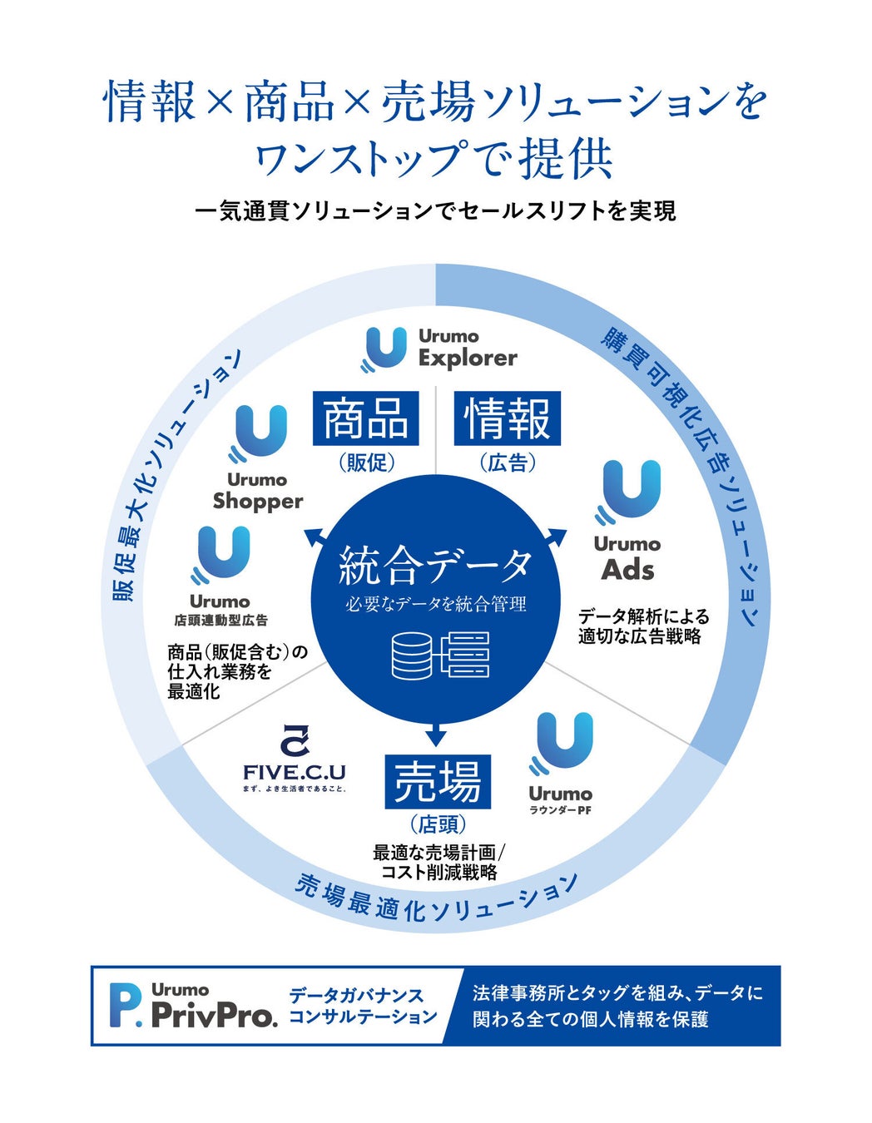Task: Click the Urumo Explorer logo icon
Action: [384, 349]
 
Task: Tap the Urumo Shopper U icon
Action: [258, 433]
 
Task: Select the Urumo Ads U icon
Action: [630, 491]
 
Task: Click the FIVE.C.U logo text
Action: [295, 771]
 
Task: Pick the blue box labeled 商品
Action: [365, 418]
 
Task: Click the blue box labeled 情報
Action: [508, 418]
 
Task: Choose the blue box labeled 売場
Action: [438, 781]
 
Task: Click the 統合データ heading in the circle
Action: [435, 566]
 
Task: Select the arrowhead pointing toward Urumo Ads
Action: [556, 537]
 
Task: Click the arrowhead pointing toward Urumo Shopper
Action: [315, 537]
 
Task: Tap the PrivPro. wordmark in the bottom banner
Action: [214, 1016]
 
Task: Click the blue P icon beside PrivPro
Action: [126, 1005]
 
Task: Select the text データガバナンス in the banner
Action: [356, 995]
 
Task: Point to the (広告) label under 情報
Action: [508, 463]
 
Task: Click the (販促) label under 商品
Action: [366, 463]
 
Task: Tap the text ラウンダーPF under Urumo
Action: [560, 810]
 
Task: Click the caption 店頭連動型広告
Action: [220, 621]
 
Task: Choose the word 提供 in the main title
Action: [566, 158]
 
